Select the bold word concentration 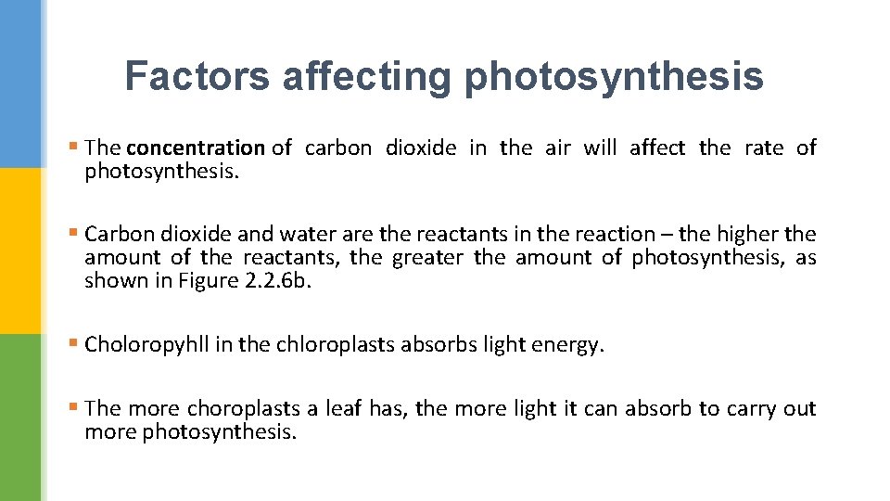[x=196, y=148]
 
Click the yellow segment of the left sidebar [x=20, y=250]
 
